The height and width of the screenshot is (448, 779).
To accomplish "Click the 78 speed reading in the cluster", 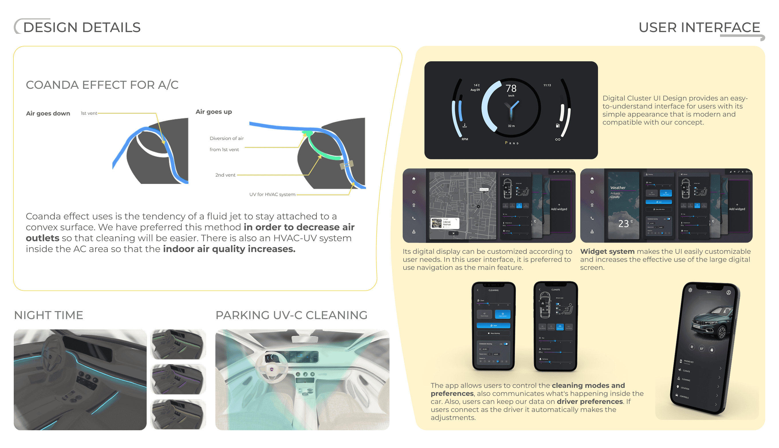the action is click(x=511, y=89).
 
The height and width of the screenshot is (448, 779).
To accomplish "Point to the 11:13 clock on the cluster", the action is click(x=547, y=85).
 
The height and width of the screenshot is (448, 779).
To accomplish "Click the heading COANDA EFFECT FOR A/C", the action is click(x=102, y=85).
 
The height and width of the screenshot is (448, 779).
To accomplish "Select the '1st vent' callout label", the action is click(x=88, y=113).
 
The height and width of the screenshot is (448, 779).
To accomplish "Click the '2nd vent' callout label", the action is click(x=225, y=175).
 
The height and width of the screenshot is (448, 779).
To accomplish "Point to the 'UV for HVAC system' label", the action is click(x=272, y=194).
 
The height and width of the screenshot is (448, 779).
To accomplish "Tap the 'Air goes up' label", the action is click(x=214, y=112).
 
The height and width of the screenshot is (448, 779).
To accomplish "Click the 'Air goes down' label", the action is click(x=48, y=113).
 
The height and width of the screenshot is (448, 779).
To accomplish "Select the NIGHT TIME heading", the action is click(x=49, y=315).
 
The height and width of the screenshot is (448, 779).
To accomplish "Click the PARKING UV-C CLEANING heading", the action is click(x=291, y=315).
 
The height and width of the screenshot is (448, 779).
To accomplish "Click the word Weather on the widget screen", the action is click(x=617, y=188).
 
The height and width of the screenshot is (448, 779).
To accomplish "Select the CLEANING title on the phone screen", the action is click(x=493, y=290).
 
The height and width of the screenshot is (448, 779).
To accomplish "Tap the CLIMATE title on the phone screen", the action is click(x=555, y=290).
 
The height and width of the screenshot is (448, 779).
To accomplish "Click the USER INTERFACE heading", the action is click(x=699, y=27).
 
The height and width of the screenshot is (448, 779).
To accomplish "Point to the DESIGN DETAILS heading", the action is click(x=82, y=27).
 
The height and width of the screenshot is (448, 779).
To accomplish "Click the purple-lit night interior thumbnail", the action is click(x=178, y=379).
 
